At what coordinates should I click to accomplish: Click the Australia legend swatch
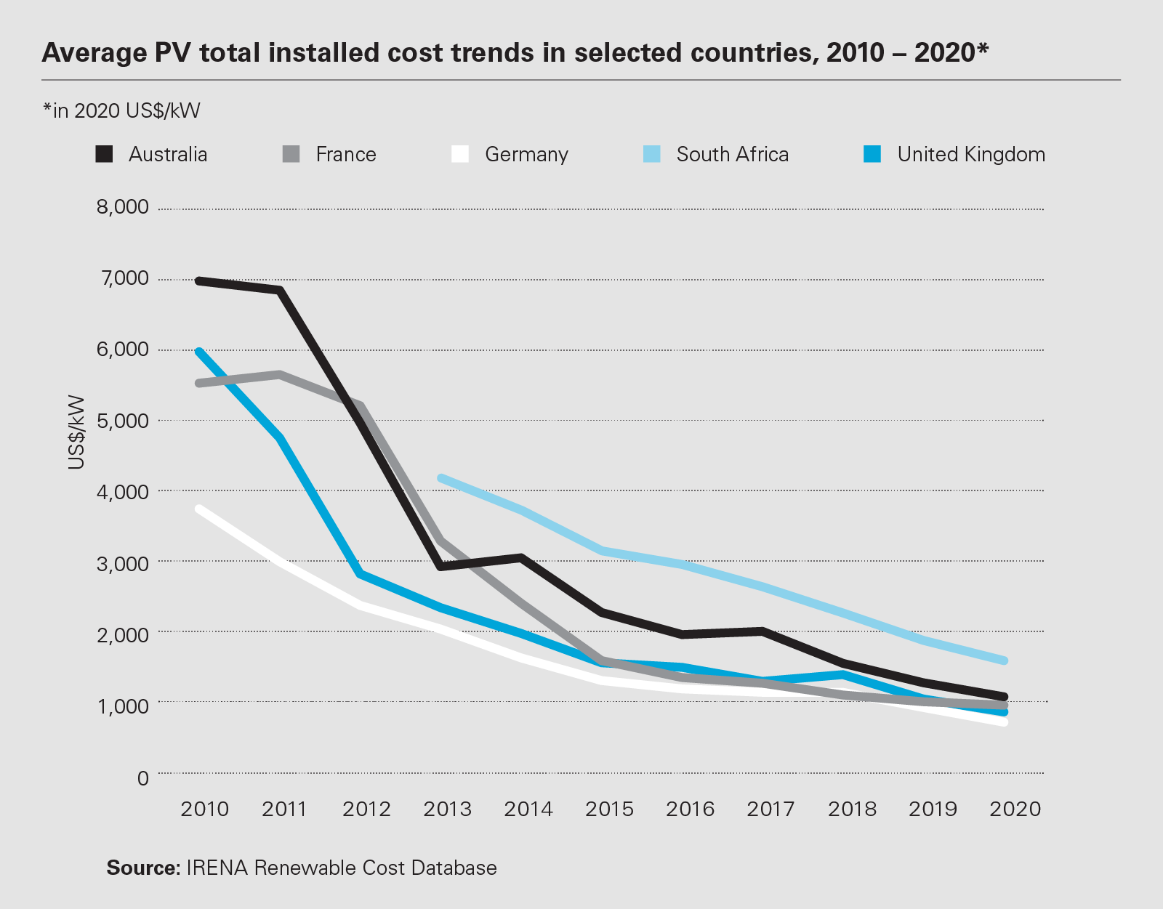pos(105,154)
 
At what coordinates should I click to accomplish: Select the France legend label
pos(346,154)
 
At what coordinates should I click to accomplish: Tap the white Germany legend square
pos(460,154)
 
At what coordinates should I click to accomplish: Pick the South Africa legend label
pos(732,154)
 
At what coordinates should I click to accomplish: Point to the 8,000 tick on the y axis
pos(123,207)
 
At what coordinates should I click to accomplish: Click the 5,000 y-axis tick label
pos(123,421)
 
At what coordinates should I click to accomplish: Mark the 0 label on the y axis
pos(142,777)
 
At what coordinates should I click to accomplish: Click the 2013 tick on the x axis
pos(447,809)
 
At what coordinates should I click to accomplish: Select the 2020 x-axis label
pos(1015,809)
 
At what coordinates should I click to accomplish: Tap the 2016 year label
pos(690,809)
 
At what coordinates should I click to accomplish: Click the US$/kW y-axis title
pos(76,432)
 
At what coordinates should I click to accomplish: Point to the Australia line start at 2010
pos(199,280)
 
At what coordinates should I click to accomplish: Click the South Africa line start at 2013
pos(441,478)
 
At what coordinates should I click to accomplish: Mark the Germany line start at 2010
pos(199,509)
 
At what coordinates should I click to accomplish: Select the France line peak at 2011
pos(280,375)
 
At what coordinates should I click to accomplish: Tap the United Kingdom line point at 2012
pos(361,574)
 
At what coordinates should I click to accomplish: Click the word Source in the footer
pos(142,868)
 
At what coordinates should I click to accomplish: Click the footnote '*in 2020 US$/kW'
pos(121,110)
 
